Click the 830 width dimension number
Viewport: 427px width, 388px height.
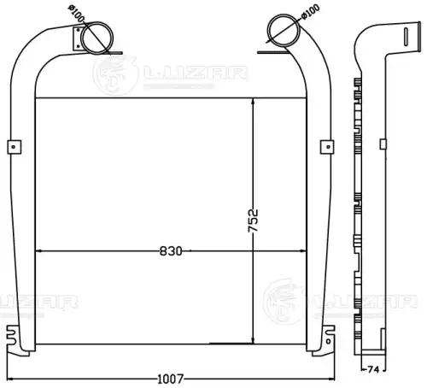click(x=171, y=251)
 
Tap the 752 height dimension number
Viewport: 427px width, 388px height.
click(x=253, y=220)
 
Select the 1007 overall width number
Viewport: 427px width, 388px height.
click(x=171, y=379)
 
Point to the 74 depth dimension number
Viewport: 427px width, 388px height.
click(x=373, y=370)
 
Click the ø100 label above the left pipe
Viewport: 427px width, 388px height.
click(x=76, y=14)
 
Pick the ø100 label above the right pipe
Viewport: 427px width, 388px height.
click(x=310, y=12)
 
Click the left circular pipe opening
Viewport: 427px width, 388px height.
click(x=97, y=38)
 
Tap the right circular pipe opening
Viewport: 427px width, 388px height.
click(x=284, y=30)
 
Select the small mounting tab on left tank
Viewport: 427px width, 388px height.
click(x=15, y=147)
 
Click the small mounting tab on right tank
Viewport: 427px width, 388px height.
click(x=327, y=147)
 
